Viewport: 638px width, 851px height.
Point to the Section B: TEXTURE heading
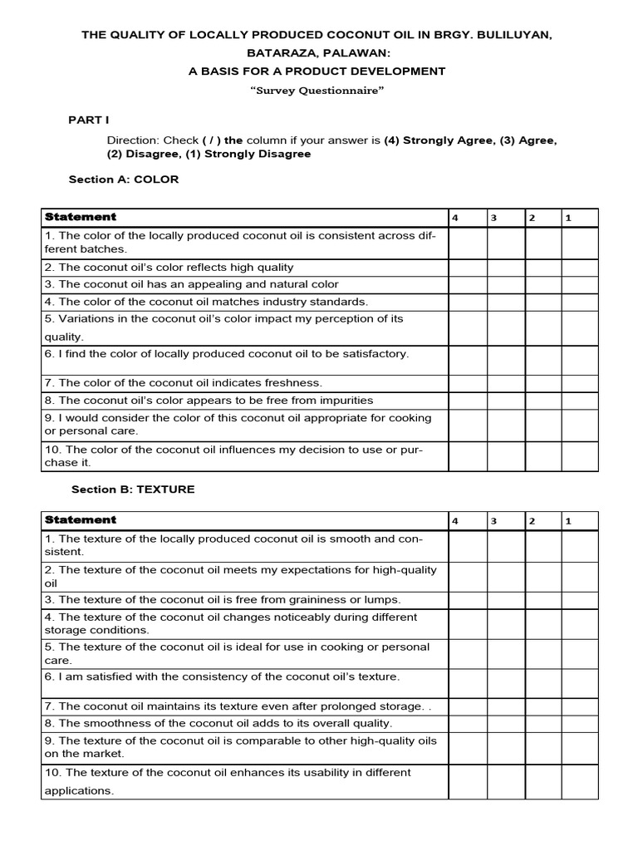[133, 489]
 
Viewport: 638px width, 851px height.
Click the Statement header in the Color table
[81, 217]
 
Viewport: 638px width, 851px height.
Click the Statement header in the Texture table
[81, 520]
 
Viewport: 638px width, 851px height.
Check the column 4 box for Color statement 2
[467, 268]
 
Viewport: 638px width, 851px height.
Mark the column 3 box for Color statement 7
[505, 383]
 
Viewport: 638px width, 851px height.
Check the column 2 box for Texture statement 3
[542, 600]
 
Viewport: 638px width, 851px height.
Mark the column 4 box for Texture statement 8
[467, 723]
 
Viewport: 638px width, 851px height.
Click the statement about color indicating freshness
[183, 383]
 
